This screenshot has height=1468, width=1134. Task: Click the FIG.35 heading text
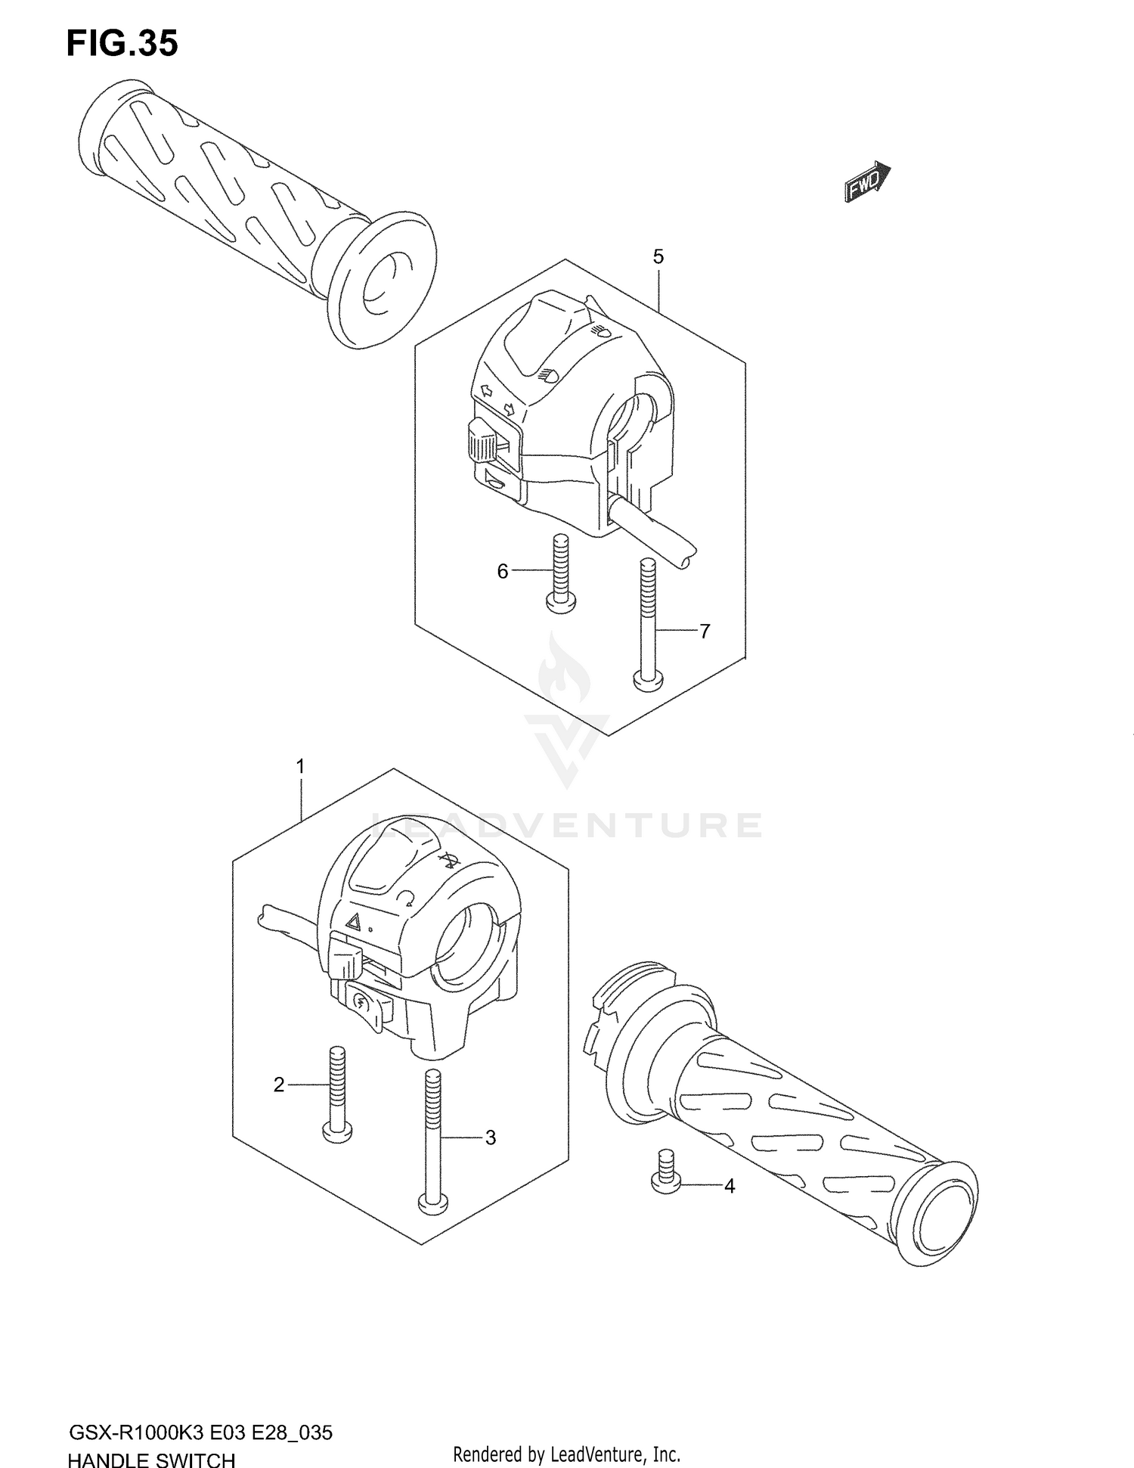coord(122,44)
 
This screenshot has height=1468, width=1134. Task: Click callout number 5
coord(658,257)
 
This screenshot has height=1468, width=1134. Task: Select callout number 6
coord(503,572)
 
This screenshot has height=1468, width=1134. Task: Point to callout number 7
coord(704,631)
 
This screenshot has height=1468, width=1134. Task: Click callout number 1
coord(300,767)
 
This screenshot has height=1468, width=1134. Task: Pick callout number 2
coord(279,1085)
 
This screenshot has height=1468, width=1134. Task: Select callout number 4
coord(729,1187)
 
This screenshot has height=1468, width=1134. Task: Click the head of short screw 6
coord(560,601)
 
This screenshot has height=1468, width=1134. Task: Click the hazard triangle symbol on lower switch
coord(354,921)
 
